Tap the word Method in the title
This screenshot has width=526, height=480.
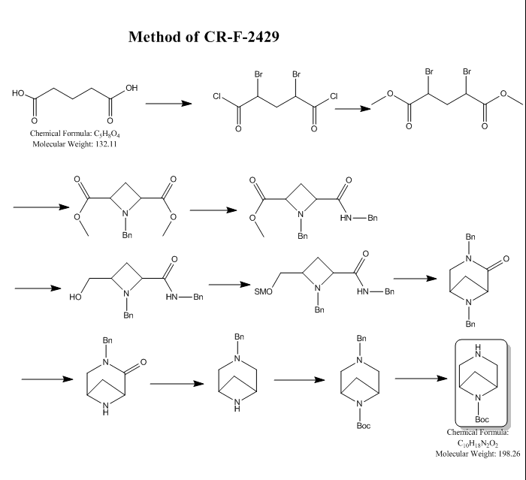[x=155, y=37]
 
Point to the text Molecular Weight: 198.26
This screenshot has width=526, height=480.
[x=478, y=453]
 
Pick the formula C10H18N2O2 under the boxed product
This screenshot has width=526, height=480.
[x=478, y=443]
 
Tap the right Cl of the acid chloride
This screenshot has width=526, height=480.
[x=334, y=97]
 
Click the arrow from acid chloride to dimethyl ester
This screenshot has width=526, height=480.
[x=352, y=108]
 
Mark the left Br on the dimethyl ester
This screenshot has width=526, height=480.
[x=428, y=72]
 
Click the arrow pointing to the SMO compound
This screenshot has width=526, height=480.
[x=228, y=284]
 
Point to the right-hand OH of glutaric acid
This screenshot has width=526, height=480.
[x=131, y=88]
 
